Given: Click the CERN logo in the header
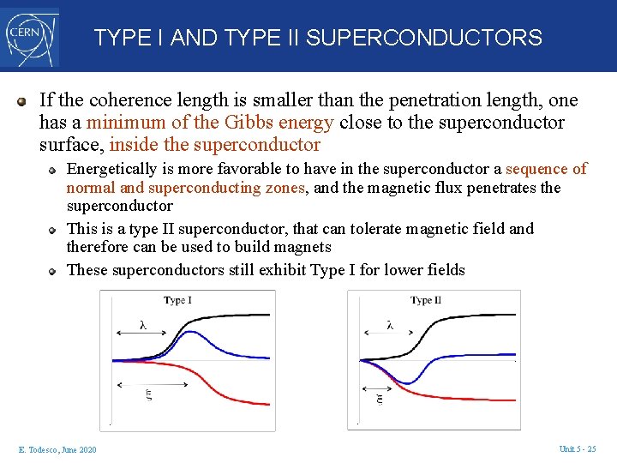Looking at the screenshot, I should [x=30, y=36].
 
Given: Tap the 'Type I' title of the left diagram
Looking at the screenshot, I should [x=177, y=300].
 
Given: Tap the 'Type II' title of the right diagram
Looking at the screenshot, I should [x=426, y=300].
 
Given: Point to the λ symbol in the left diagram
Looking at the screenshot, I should [x=142, y=324].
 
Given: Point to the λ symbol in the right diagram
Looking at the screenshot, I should [x=390, y=324].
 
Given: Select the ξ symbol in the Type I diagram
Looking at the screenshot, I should [x=147, y=395].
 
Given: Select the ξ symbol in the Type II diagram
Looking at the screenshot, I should [x=380, y=398].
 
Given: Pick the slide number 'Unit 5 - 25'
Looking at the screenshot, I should [x=577, y=449].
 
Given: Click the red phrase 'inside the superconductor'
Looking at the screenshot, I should [x=214, y=145].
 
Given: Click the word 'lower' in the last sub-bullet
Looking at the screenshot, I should [x=398, y=270].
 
